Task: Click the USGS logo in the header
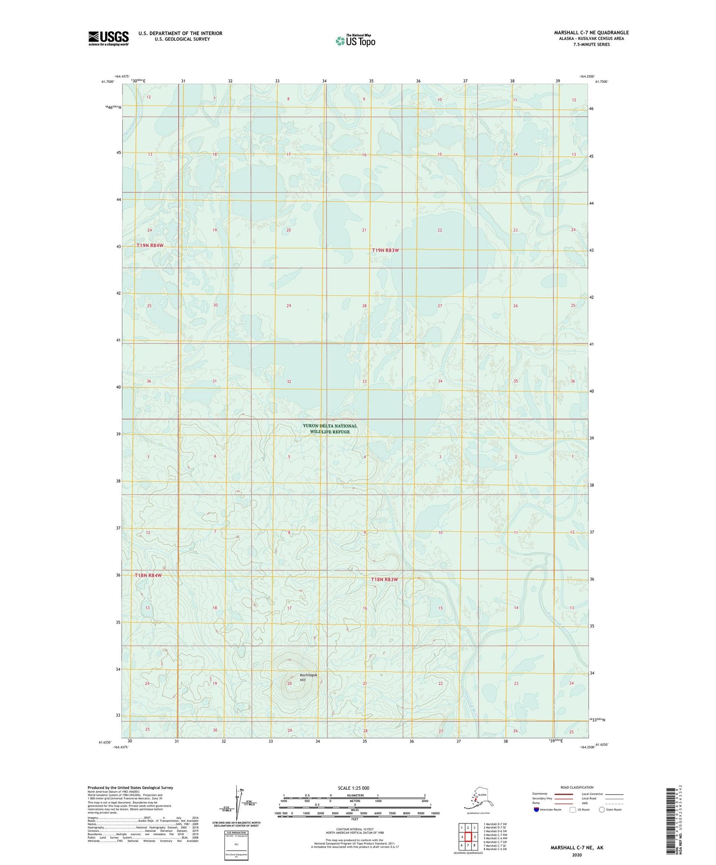(x=108, y=38)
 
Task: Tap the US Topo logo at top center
(x=355, y=40)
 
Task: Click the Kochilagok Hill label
(x=308, y=677)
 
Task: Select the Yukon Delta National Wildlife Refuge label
(x=330, y=429)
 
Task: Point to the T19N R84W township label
(x=150, y=245)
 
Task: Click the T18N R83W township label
(x=385, y=579)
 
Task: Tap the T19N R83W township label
(x=385, y=250)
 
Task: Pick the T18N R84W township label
(x=148, y=575)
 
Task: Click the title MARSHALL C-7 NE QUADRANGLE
(x=591, y=33)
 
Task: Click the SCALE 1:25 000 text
(x=353, y=788)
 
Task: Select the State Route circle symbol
(x=602, y=809)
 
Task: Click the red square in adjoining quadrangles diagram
(x=468, y=837)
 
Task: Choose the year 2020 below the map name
(x=576, y=855)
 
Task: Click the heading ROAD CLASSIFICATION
(x=577, y=787)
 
